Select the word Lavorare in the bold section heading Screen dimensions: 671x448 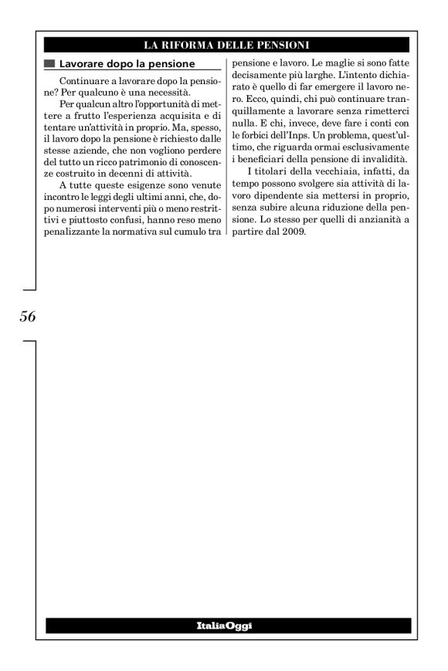coord(83,63)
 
